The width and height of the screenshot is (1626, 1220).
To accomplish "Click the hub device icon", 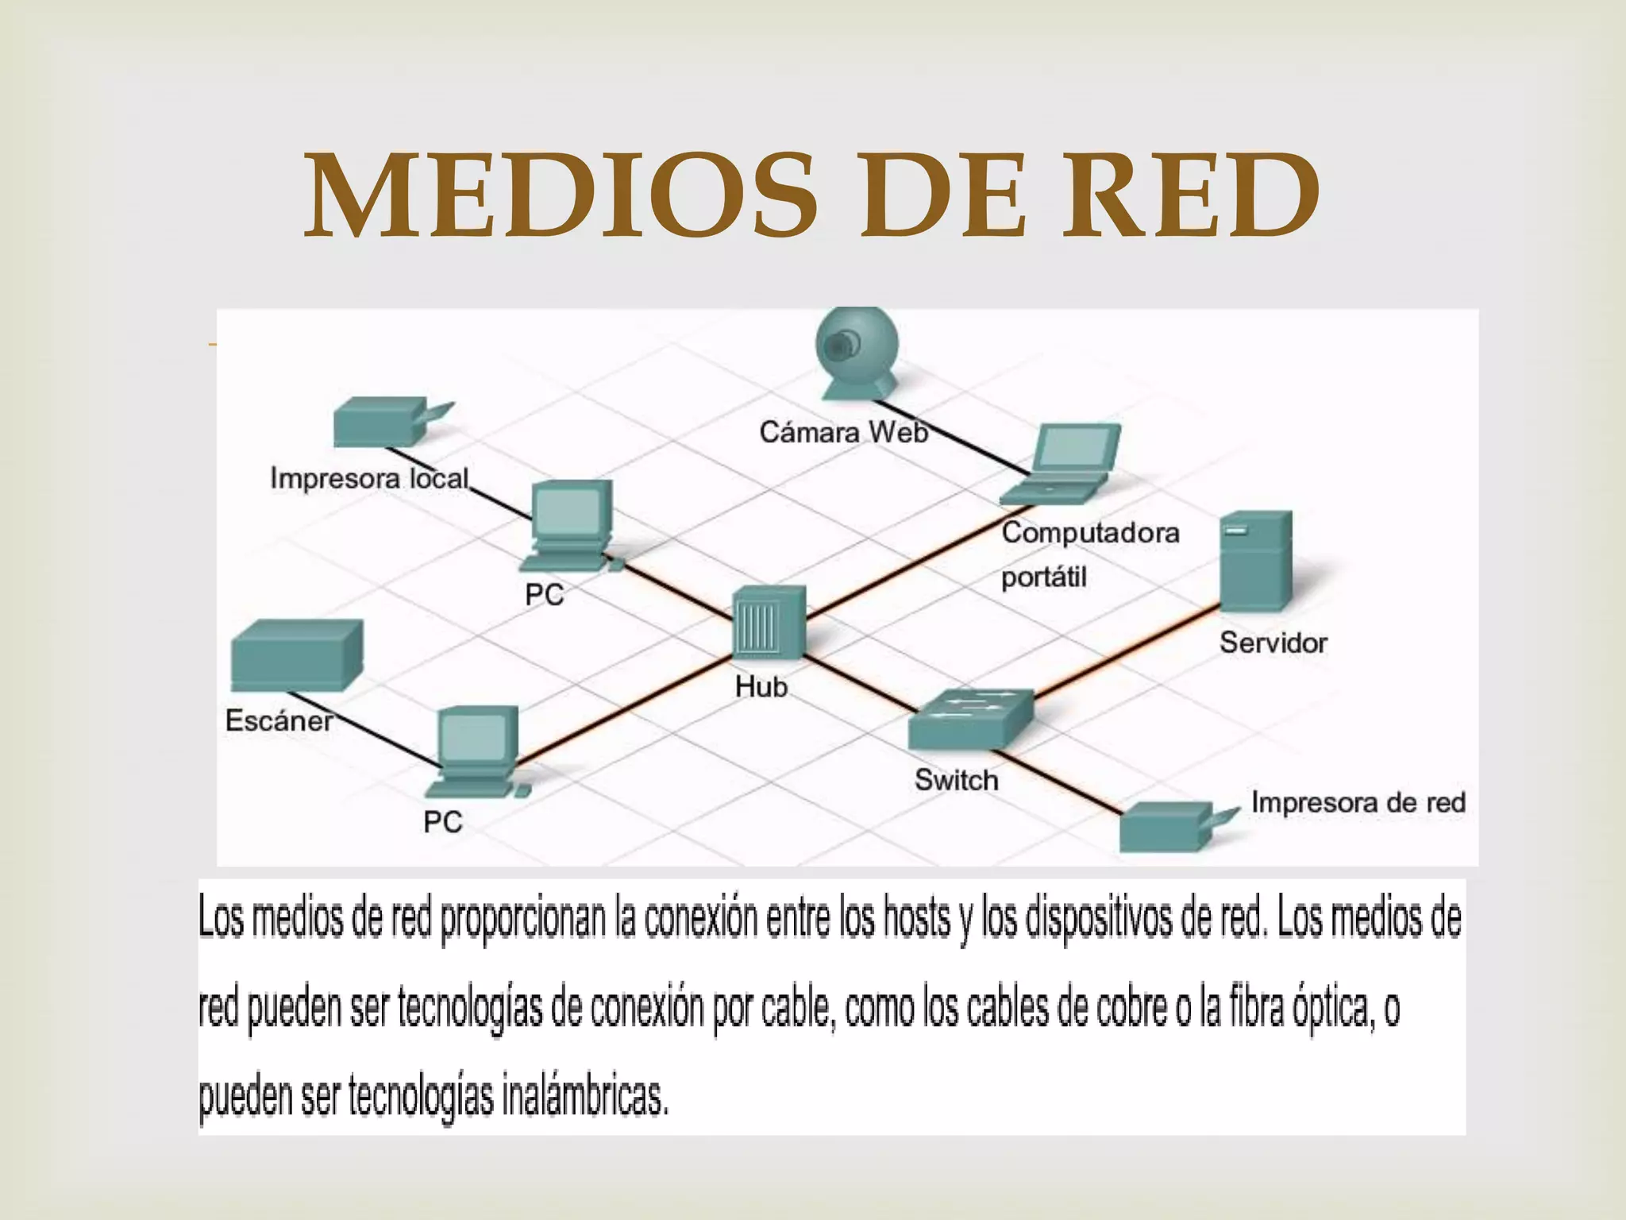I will click(x=769, y=624).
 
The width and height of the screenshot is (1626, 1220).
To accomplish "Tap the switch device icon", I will click(x=971, y=720).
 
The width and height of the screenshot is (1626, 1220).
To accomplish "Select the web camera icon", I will click(x=857, y=353).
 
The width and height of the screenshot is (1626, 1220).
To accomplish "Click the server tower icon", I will click(x=1256, y=561).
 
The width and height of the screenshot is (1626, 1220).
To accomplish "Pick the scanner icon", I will click(x=296, y=654).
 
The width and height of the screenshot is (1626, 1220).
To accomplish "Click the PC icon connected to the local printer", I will click(x=568, y=525).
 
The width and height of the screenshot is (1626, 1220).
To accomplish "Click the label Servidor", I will click(x=1273, y=643).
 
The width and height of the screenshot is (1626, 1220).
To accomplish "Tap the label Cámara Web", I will click(x=843, y=432).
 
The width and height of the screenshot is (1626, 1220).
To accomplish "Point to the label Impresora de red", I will click(x=1358, y=802).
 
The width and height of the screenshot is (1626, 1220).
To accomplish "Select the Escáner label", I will click(x=279, y=720).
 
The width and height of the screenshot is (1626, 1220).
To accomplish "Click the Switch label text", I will click(x=956, y=780).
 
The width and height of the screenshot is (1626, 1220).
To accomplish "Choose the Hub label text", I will click(x=761, y=686).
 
